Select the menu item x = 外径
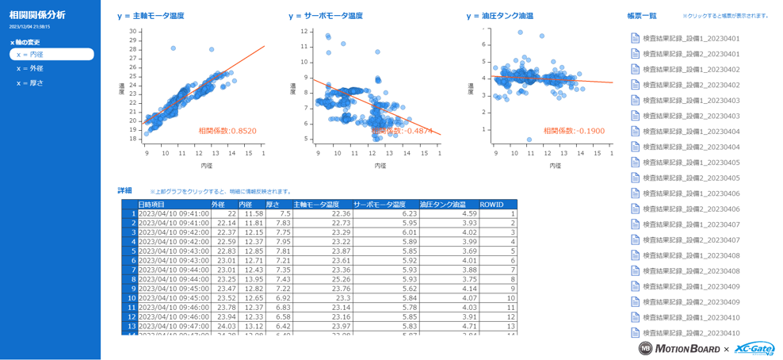(30, 69)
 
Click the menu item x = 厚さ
(30, 83)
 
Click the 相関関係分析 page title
(37, 15)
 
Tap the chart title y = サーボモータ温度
(326, 16)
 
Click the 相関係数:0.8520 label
(227, 131)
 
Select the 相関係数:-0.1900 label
(563, 131)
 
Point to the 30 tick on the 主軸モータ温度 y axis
(133, 32)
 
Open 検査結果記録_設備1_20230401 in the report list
(691, 38)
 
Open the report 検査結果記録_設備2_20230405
(691, 178)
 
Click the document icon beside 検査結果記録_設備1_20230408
(635, 255)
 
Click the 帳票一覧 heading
(641, 16)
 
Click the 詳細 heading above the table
(124, 190)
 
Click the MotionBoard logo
(674, 349)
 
